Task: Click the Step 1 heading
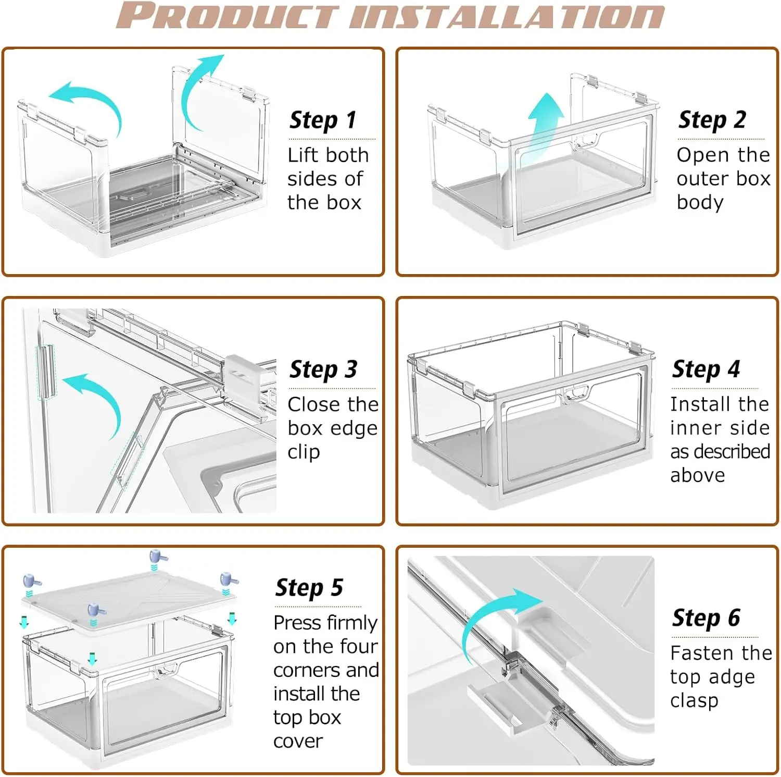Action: [x=323, y=120]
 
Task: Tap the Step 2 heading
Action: [x=712, y=120]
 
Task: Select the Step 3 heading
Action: [x=323, y=369]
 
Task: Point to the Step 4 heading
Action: [x=706, y=369]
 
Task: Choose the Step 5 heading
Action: [x=309, y=588]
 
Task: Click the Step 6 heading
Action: [x=706, y=618]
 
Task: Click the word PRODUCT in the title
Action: [x=228, y=15]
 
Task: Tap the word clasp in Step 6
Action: [x=695, y=700]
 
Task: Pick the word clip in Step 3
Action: [x=304, y=452]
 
